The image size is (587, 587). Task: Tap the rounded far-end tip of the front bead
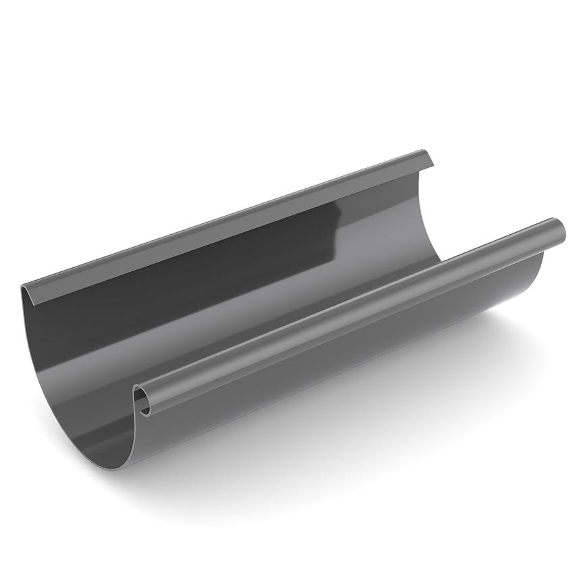coord(559,231)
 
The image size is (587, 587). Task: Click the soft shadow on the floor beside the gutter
coord(405,405)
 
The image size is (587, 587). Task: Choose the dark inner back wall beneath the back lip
coord(169,283)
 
